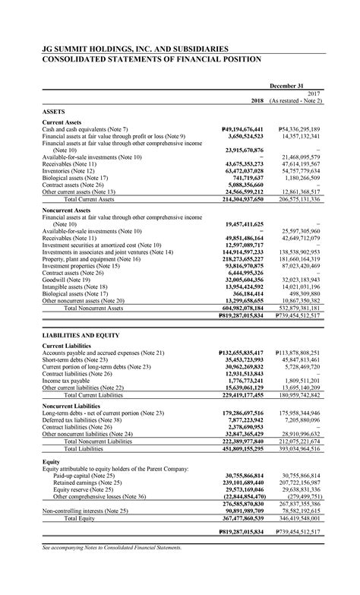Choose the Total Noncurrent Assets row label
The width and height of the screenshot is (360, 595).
(x=95, y=308)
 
